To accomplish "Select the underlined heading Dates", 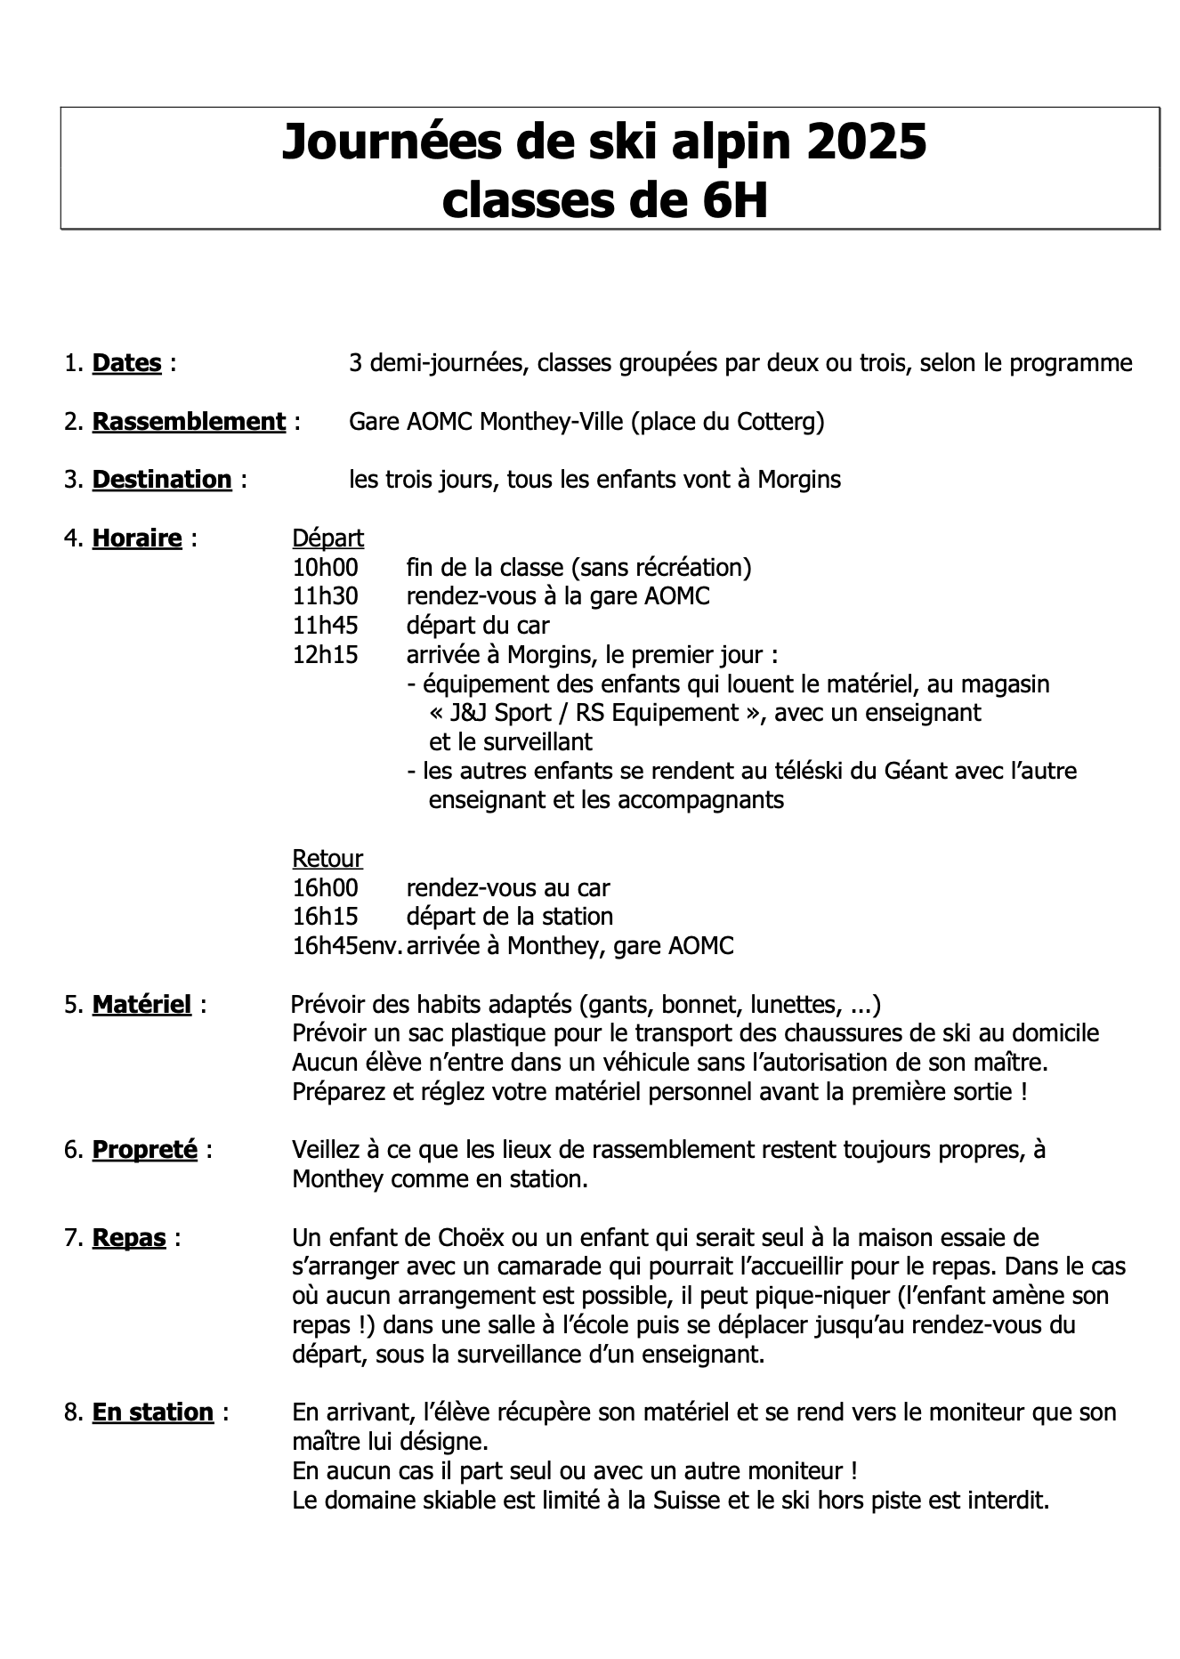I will pos(126,363).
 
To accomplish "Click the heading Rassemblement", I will pos(189,421).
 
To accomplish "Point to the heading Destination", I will pos(162,479).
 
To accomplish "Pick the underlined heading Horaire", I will pos(137,538).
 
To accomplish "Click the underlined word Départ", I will pos(327,538).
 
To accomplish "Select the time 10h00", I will pos(325,567).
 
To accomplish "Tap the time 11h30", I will pos(325,595).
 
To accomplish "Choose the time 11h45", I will pos(325,625).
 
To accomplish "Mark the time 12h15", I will pos(325,654).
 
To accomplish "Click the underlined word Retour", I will pos(327,858).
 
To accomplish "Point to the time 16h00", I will pos(325,887).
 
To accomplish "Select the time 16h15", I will pos(325,916).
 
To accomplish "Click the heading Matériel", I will pos(141,1004).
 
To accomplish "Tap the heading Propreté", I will pos(144,1149).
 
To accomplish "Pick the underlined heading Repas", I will pos(129,1237).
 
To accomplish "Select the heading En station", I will pos(153,1412).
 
